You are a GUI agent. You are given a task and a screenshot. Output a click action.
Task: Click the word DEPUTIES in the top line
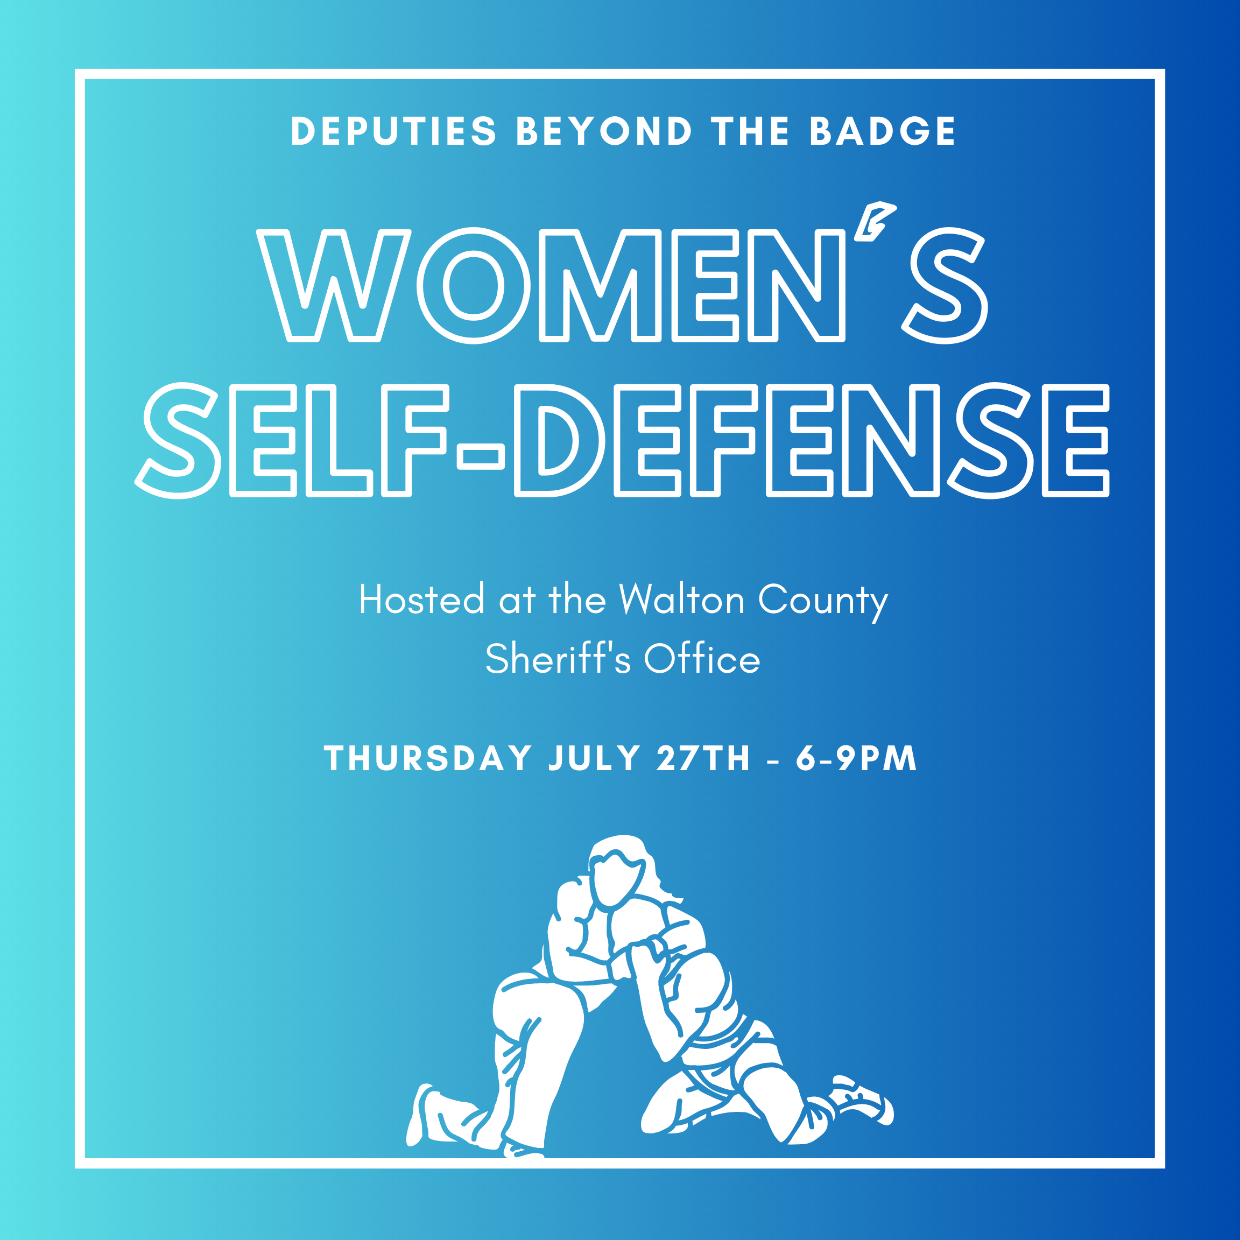click(x=394, y=131)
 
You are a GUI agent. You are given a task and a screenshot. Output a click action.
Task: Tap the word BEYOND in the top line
click(x=604, y=131)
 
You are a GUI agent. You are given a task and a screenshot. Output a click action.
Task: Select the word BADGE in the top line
click(x=883, y=131)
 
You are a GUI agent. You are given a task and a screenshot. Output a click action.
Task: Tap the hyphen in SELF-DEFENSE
click(x=481, y=457)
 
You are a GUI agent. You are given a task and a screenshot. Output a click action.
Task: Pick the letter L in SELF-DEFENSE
click(x=338, y=440)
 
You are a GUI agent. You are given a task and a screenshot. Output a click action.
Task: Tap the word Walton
click(x=681, y=600)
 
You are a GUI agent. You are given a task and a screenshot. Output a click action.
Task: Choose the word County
click(x=823, y=601)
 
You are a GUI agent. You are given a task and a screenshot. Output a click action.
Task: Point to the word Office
click(x=702, y=659)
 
